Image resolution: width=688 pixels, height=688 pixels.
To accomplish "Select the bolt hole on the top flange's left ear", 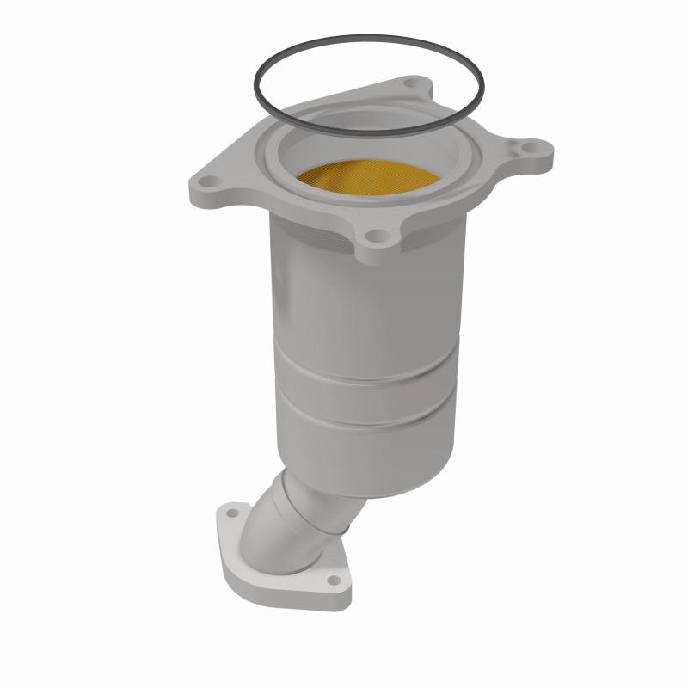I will point(210,182).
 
